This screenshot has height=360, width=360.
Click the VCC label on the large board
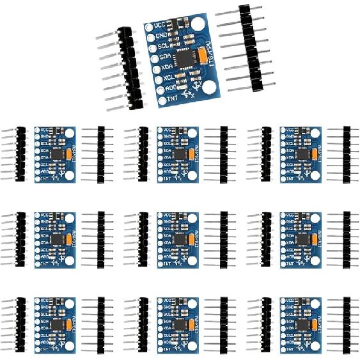click(160, 26)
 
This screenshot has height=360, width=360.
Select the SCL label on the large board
click(163, 47)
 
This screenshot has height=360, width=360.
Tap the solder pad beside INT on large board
click(162, 101)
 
